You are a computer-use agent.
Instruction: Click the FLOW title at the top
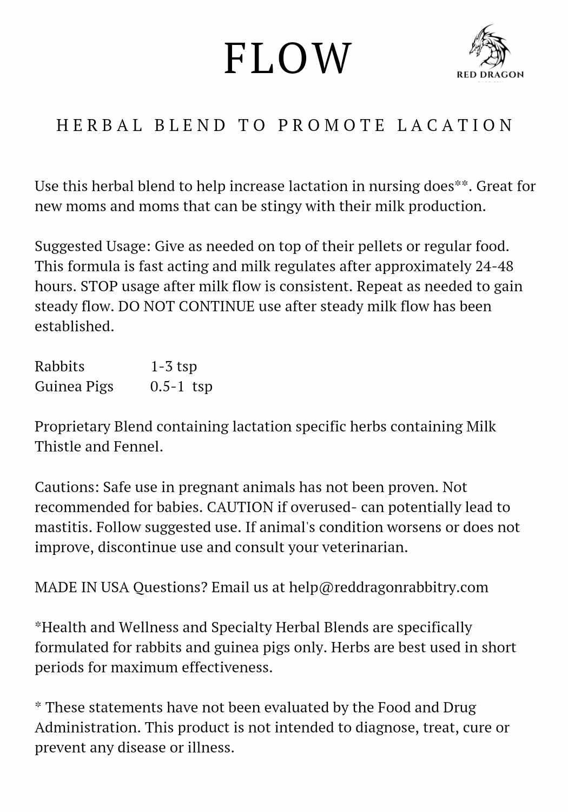point(288,58)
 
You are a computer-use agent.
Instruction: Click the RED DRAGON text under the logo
point(490,75)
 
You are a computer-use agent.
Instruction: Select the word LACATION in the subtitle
point(455,126)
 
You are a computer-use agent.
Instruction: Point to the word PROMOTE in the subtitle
point(332,126)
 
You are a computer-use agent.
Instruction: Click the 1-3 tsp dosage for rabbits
point(174,366)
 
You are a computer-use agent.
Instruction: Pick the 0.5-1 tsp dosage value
point(181,387)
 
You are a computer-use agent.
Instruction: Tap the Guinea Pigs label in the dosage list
point(74,387)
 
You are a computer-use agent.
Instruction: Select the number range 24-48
point(494,266)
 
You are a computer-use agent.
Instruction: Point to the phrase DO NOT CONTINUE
point(186,306)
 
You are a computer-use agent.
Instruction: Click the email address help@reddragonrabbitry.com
point(388,587)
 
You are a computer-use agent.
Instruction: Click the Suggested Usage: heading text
point(93,246)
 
